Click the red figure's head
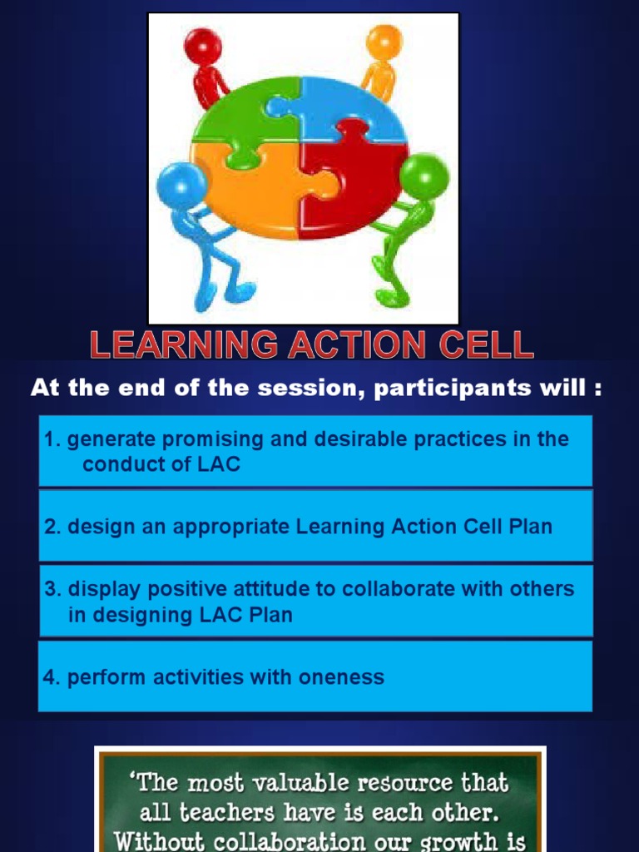coord(202,45)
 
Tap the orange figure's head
coord(384,42)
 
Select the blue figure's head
coord(181,184)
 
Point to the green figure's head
coord(424,176)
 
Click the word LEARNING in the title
coord(184,344)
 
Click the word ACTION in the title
coord(361,344)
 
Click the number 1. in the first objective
coord(52,439)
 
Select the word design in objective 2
coord(97,527)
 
